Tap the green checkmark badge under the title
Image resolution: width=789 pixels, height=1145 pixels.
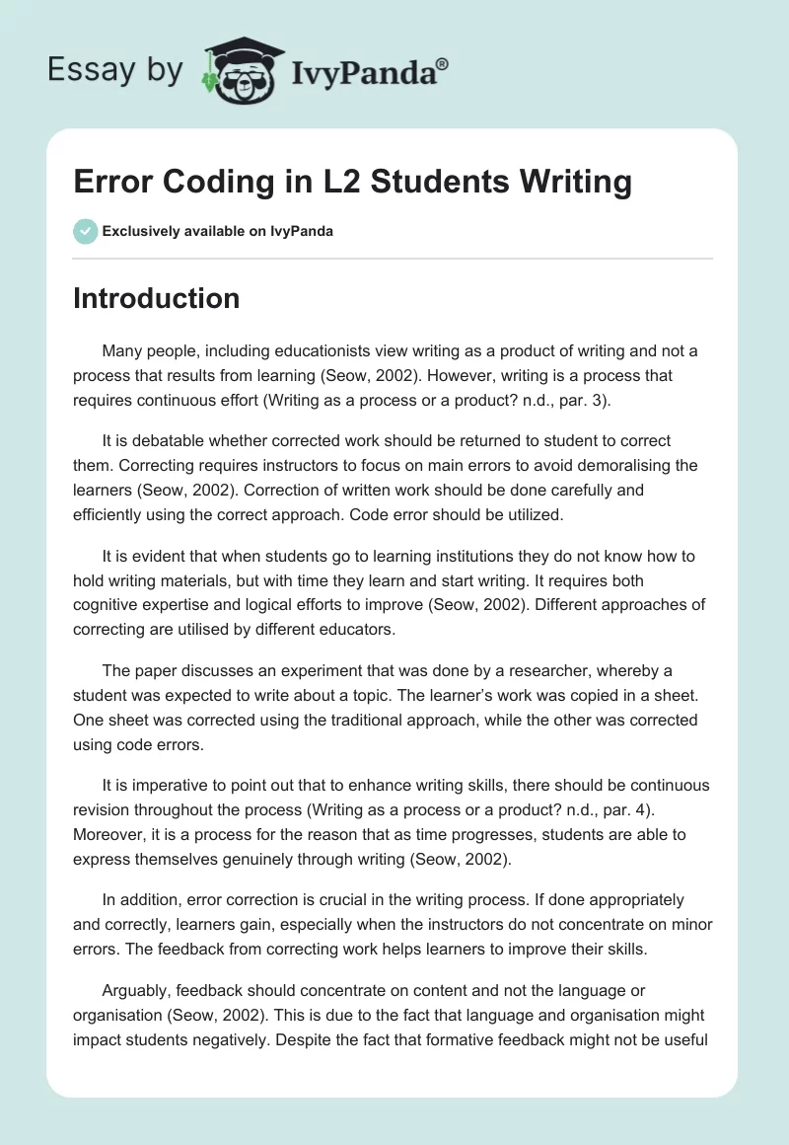pos(85,231)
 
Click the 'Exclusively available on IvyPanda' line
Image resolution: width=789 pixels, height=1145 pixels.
pos(217,232)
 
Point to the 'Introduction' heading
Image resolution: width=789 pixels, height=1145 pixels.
pos(156,298)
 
